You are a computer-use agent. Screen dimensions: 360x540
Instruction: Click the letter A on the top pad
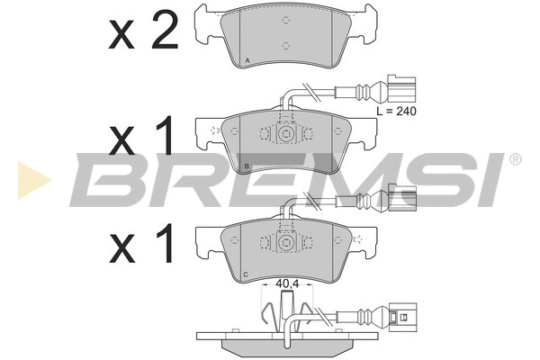248,61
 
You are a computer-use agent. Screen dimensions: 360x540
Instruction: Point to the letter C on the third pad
246,274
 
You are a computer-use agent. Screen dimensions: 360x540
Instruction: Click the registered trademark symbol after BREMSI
515,160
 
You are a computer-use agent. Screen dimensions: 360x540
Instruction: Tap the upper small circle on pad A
284,18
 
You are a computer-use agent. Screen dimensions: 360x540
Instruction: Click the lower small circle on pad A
284,46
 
